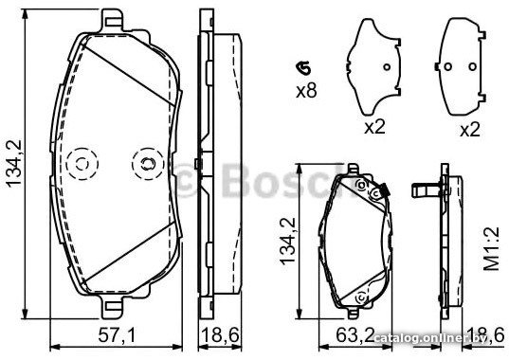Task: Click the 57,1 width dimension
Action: [117, 335]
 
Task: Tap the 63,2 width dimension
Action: [354, 335]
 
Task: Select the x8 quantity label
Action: [306, 91]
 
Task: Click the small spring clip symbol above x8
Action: [303, 68]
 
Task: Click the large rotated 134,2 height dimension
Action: [14, 164]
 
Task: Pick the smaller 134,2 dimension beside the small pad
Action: [287, 242]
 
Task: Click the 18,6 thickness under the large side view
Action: [221, 335]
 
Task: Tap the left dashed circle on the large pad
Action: [82, 164]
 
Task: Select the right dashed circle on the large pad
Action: [148, 164]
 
